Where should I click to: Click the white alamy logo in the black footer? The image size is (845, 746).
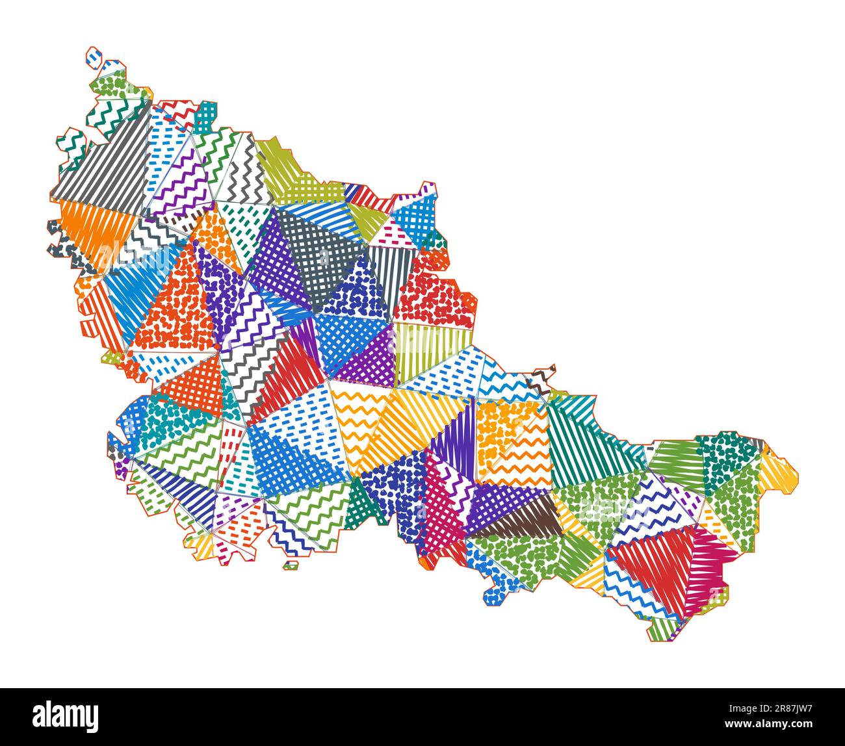coord(66,716)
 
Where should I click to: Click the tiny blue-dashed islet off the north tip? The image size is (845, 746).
coord(95,57)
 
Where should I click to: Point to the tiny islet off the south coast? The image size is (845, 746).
coord(291,565)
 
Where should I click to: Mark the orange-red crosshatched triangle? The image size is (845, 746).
coord(195,387)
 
